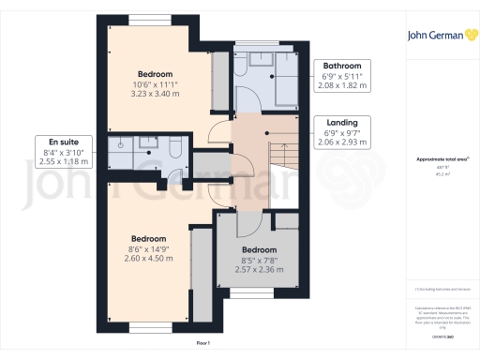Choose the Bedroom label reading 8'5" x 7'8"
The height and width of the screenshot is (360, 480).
coord(259,260)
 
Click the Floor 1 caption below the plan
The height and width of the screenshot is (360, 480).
coord(202,346)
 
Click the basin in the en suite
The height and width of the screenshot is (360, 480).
coord(149,144)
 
